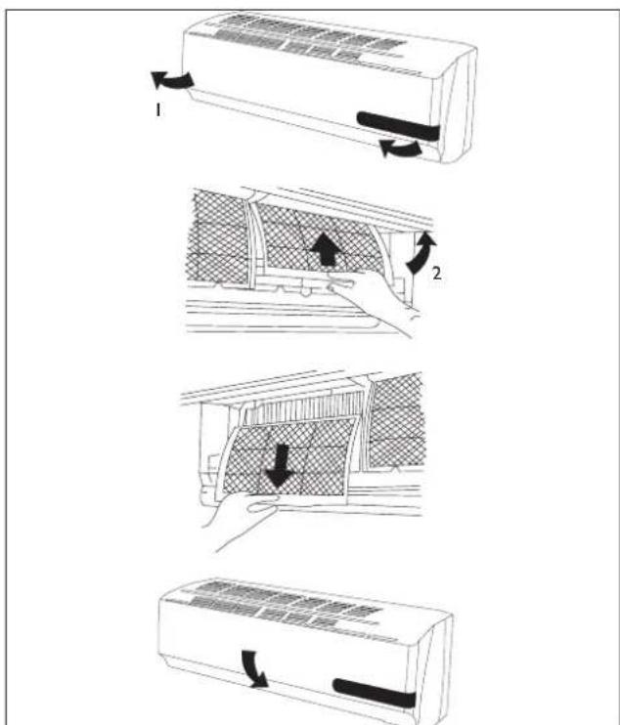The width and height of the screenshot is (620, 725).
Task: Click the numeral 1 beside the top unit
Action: [x=154, y=112]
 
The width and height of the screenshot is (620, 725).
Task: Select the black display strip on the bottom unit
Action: [x=376, y=693]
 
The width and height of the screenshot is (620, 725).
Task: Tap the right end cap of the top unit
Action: [x=456, y=107]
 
